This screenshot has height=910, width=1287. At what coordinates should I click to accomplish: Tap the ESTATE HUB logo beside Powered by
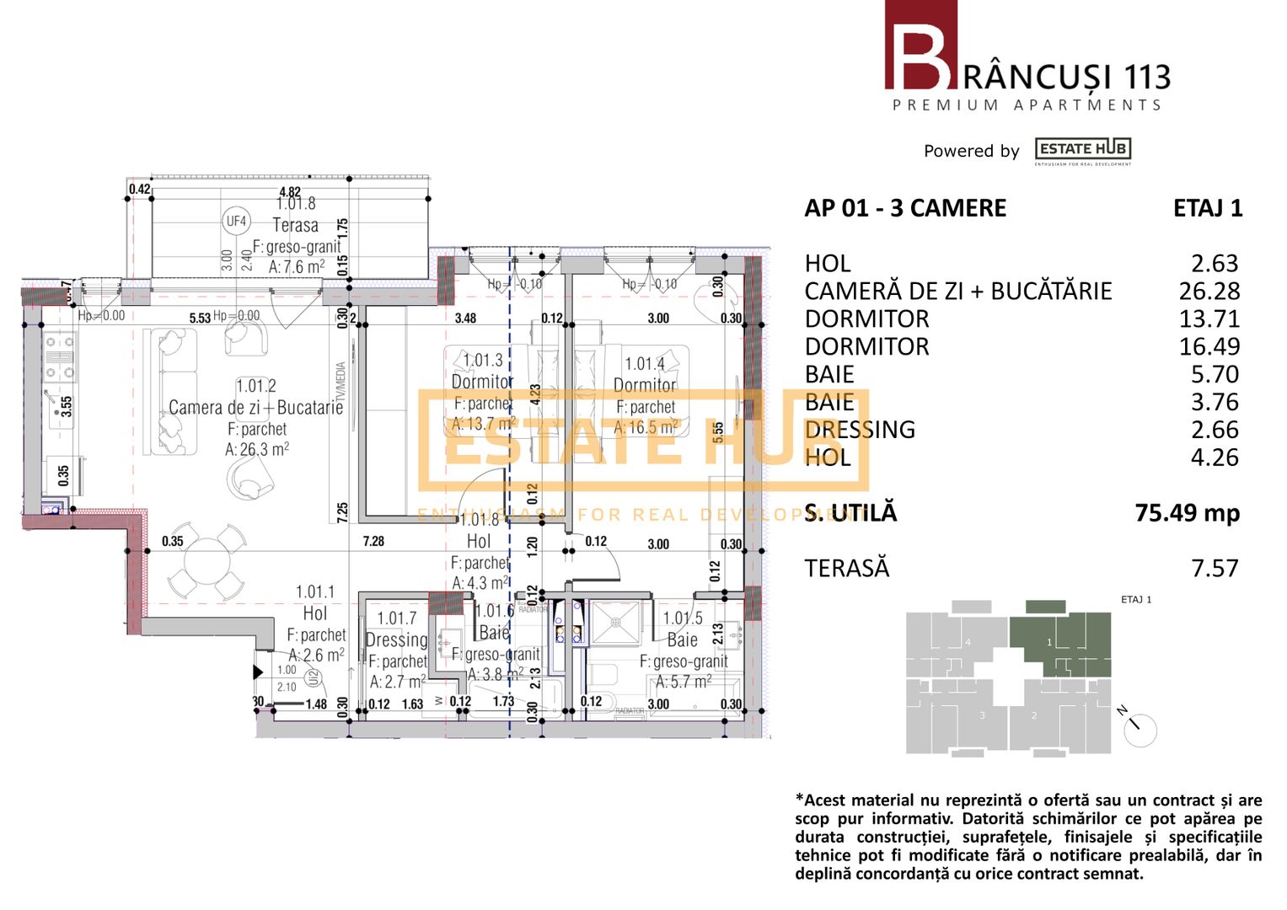[x=1083, y=150]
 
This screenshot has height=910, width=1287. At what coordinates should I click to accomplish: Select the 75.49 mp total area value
[x=1187, y=512]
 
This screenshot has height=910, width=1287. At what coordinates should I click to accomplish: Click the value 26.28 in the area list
[x=1209, y=292]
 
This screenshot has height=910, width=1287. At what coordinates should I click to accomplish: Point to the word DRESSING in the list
[x=860, y=430]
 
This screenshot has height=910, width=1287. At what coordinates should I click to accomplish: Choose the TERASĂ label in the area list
[x=846, y=569]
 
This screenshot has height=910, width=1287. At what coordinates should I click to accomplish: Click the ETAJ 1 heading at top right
[x=1207, y=208]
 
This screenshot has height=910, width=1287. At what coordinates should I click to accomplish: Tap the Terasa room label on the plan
[x=295, y=225]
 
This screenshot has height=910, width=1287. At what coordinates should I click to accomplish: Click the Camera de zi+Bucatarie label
[x=255, y=408]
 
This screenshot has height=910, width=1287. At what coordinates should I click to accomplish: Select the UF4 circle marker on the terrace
[x=236, y=222]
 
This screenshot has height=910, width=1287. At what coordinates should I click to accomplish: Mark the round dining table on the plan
[x=206, y=559]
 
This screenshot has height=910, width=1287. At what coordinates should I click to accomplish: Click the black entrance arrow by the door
[x=258, y=672]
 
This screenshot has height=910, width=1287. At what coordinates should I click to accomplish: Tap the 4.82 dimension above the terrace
[x=289, y=192]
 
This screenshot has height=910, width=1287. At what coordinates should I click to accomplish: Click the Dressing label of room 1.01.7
[x=396, y=640]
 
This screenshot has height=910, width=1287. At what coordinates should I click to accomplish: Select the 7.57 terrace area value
[x=1215, y=569]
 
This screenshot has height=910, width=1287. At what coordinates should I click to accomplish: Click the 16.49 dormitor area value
[x=1209, y=346]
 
